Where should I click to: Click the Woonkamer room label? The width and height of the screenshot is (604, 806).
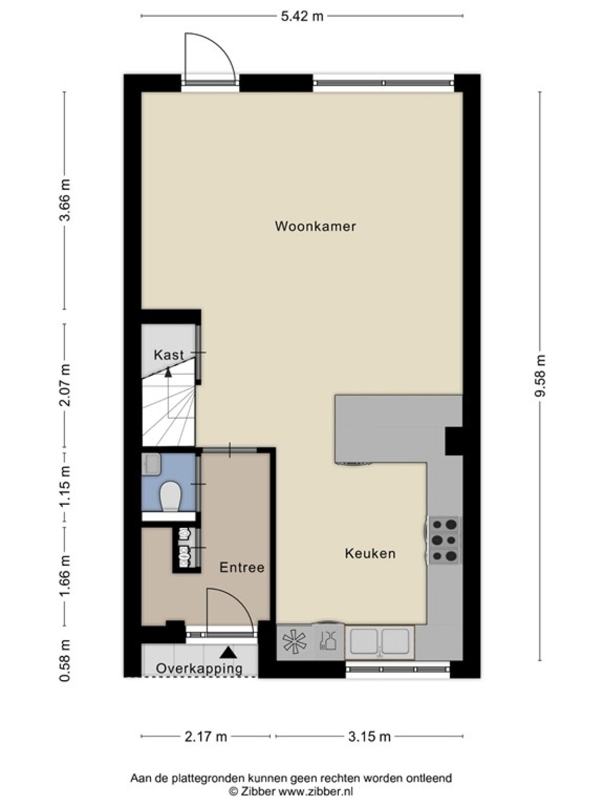[x=315, y=226]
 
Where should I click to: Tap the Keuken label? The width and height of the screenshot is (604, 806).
[x=370, y=553]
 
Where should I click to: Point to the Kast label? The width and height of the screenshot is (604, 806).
[x=168, y=355]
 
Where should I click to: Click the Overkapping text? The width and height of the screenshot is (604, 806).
[x=199, y=668]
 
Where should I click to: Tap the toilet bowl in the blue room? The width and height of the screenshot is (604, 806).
[x=171, y=496]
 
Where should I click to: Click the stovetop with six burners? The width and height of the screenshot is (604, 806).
[x=445, y=540]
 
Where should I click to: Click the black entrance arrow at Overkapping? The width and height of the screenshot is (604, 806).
[x=229, y=652]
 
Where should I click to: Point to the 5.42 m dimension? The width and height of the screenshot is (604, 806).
[x=302, y=17]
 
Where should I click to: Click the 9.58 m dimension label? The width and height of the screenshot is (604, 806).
[x=540, y=375]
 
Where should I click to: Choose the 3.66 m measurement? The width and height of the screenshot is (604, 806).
[x=65, y=200]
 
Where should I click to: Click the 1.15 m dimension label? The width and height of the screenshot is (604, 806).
[x=65, y=487]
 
